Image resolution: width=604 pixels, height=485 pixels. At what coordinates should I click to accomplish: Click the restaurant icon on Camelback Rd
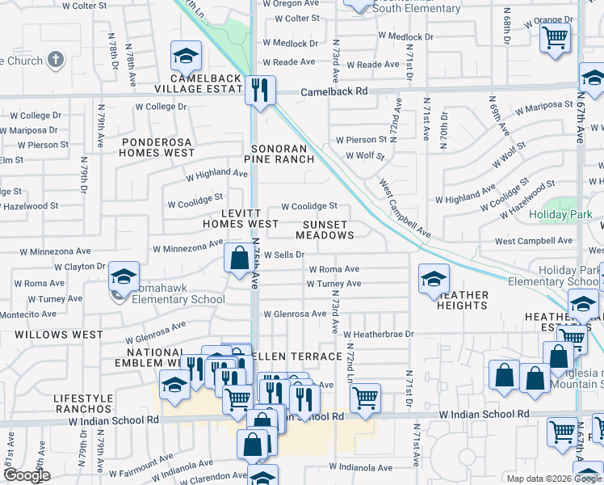pos(260,90)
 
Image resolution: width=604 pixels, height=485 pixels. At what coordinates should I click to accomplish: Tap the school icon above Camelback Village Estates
pos(186,57)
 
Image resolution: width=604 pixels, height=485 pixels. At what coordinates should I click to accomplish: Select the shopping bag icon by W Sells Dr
pos(239,259)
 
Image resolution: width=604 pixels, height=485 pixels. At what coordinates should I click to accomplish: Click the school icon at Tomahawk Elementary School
pos(124,276)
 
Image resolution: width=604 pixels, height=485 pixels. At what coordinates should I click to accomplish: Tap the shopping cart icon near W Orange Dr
pos(556,37)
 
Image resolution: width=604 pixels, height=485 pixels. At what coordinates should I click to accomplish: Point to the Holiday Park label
pos(560,215)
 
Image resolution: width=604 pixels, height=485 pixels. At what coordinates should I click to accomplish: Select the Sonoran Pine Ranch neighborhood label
pos(281,154)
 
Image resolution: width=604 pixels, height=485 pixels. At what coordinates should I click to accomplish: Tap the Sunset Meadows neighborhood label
pos(325,230)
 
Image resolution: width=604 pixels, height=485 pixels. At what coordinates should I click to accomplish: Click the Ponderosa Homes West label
pos(157,146)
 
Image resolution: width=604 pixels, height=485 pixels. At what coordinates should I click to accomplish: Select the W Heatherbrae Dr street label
pos(378,334)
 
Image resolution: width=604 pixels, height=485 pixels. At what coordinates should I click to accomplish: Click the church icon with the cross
pos(56,60)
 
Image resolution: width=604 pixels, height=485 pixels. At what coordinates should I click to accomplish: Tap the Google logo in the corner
pos(27,475)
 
